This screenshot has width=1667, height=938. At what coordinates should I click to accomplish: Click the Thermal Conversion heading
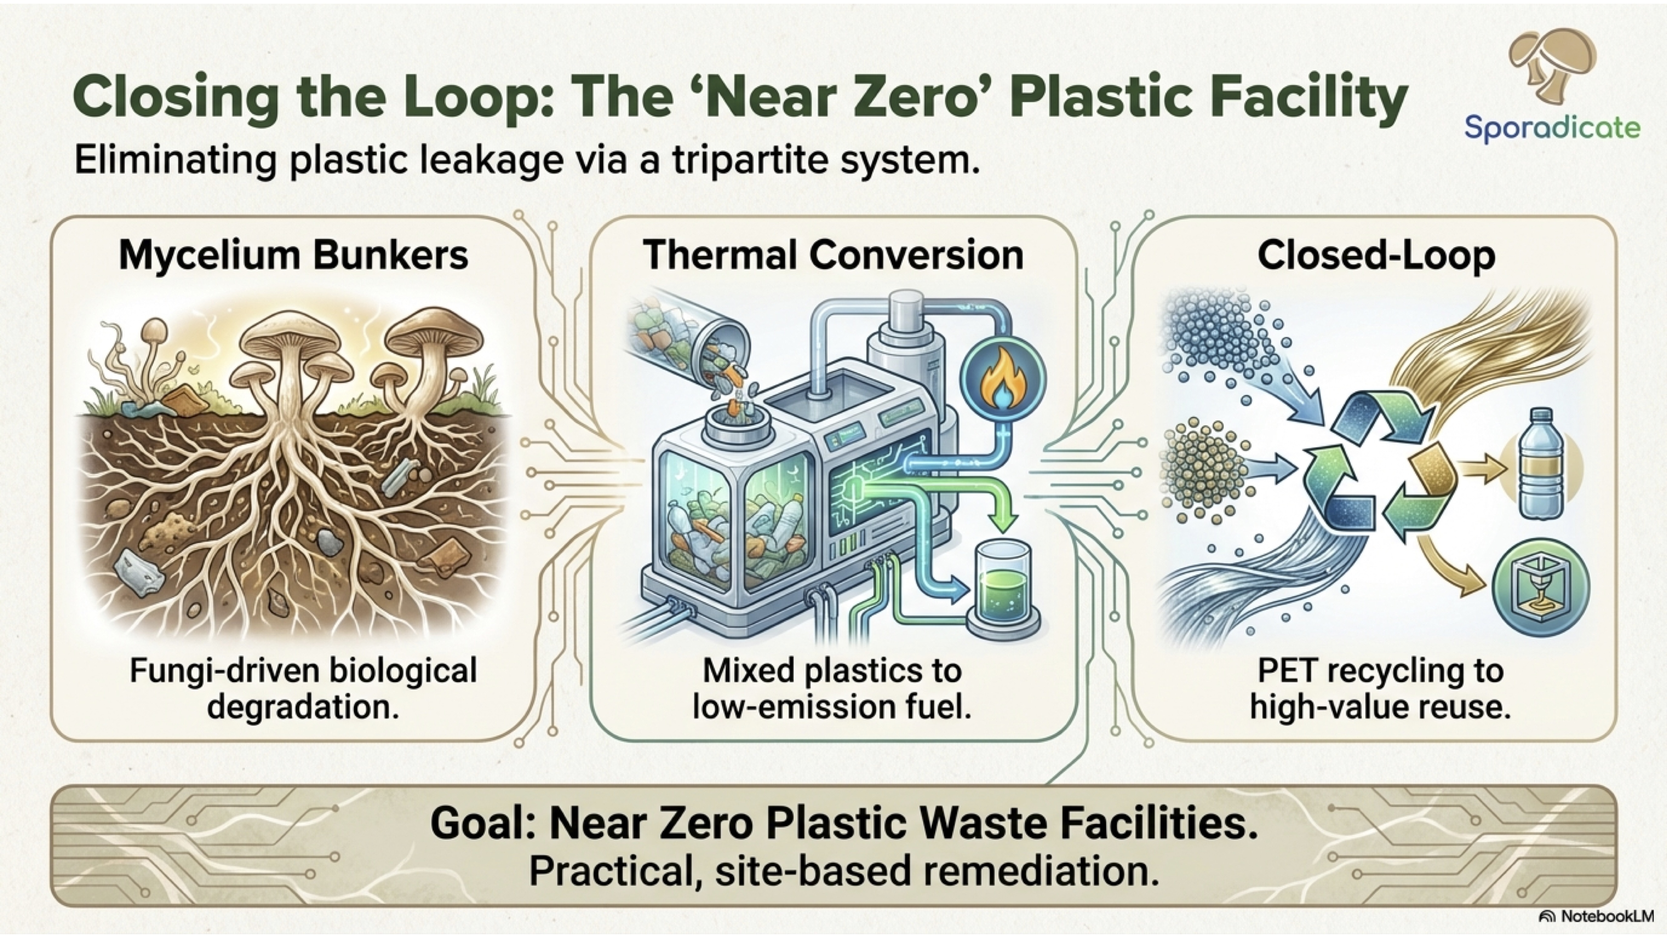[x=833, y=255]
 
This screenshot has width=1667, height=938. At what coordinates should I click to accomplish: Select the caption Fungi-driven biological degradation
[x=303, y=688]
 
